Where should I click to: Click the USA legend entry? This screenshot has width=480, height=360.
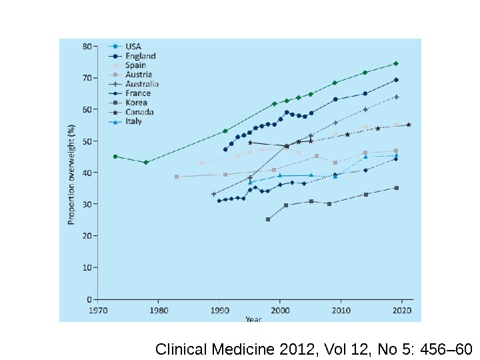coord(133,47)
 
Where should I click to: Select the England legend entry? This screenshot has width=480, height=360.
coord(140,56)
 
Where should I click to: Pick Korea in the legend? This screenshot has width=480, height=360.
coord(137,103)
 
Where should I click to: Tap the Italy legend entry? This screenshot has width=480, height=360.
coord(133,121)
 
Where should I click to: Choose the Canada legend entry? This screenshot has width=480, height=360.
coord(139,112)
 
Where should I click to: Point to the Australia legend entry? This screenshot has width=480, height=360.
coord(142,84)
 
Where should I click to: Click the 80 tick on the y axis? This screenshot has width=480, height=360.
coord(87,46)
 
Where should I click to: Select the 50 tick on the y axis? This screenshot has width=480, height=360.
coord(87,141)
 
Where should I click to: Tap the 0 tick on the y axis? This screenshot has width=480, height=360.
coord(89,299)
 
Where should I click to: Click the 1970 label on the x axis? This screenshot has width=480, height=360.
coord(97,310)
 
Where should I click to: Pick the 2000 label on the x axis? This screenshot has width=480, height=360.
coord(280,310)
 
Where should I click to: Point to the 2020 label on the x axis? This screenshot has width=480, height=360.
coord(401,310)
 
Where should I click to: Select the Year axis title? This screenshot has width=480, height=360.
coord(253,319)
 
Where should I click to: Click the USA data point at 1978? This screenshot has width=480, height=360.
coord(146,162)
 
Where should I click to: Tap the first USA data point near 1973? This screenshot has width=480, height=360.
coord(115,157)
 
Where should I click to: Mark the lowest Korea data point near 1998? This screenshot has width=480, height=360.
coord(268,219)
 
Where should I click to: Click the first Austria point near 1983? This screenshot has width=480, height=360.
coord(177,177)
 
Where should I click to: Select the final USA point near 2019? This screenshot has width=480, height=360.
coord(396,63)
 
